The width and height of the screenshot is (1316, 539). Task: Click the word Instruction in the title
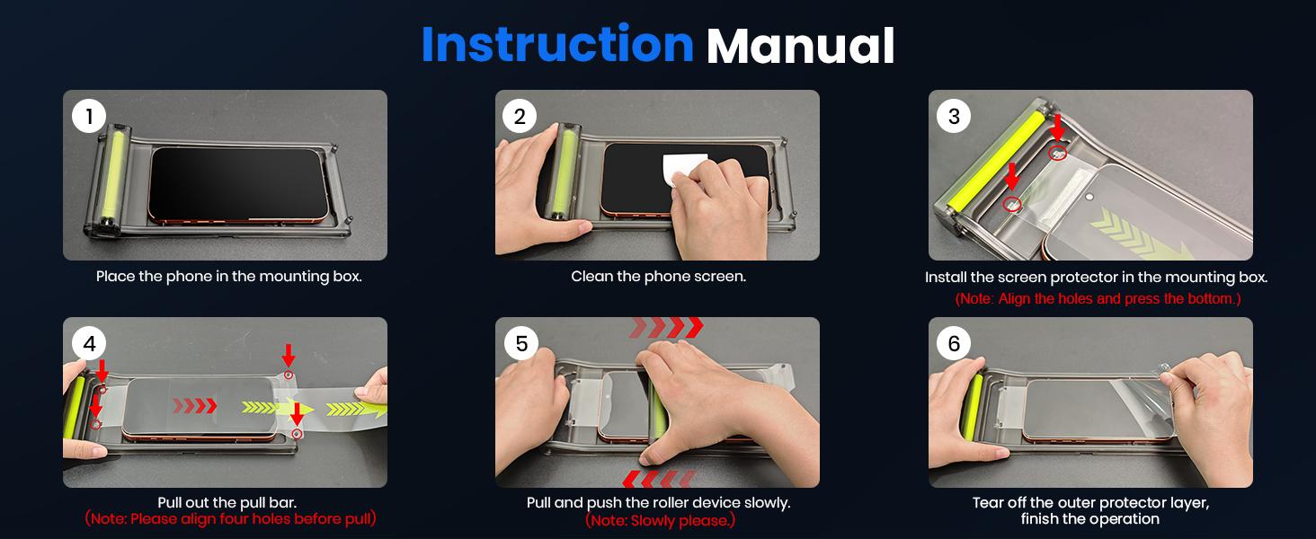556,45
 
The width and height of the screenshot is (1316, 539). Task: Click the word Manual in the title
800,47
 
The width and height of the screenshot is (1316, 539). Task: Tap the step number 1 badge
89,116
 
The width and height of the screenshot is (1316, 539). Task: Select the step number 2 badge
520,116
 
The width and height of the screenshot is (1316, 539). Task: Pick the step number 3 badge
954,116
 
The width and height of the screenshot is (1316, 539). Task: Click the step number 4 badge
89,343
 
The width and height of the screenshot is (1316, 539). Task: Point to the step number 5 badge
521,343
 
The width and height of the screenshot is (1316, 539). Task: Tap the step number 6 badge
954,343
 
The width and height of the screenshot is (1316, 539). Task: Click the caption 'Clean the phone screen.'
658,277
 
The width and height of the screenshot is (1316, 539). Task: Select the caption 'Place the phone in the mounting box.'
228,277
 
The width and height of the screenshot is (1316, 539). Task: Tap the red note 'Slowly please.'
660,521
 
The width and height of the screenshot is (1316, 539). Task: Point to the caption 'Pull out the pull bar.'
227,502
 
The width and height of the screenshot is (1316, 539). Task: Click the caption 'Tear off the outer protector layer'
1090,502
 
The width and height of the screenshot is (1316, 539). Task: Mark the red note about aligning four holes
230,519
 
